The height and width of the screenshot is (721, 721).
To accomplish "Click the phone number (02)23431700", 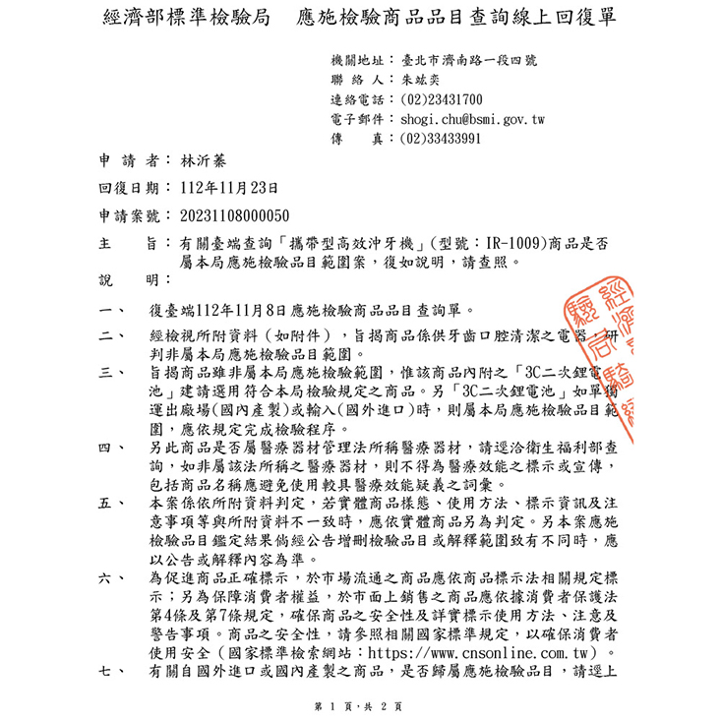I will coord(442,99).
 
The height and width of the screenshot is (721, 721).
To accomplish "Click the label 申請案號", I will coord(129,214).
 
